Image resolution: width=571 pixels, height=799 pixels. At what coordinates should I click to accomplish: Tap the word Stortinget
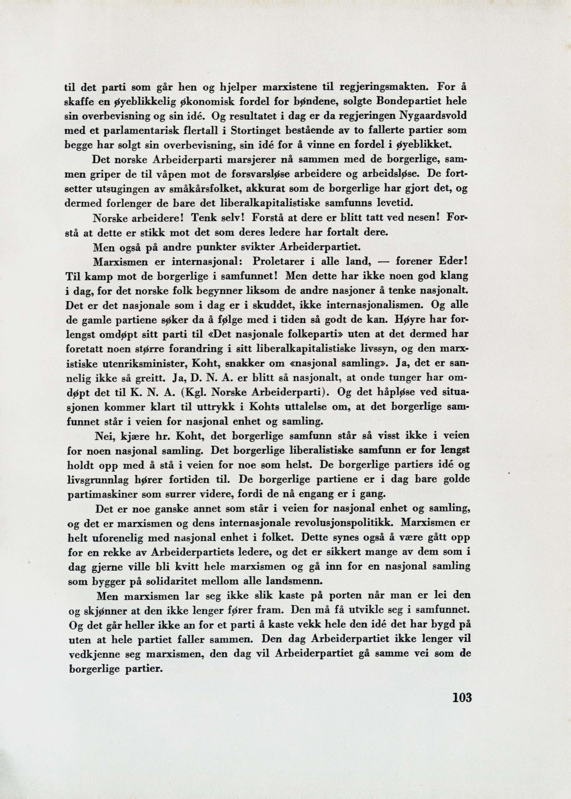[253, 130]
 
